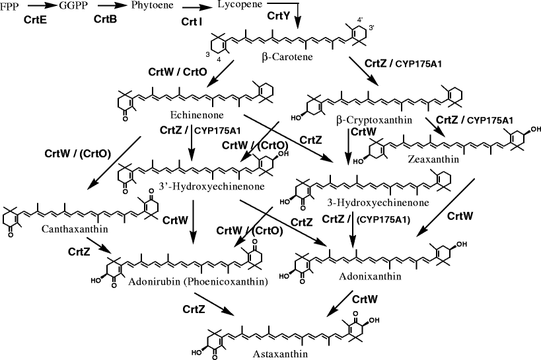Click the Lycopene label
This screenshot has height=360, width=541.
pyautogui.click(x=238, y=6)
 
